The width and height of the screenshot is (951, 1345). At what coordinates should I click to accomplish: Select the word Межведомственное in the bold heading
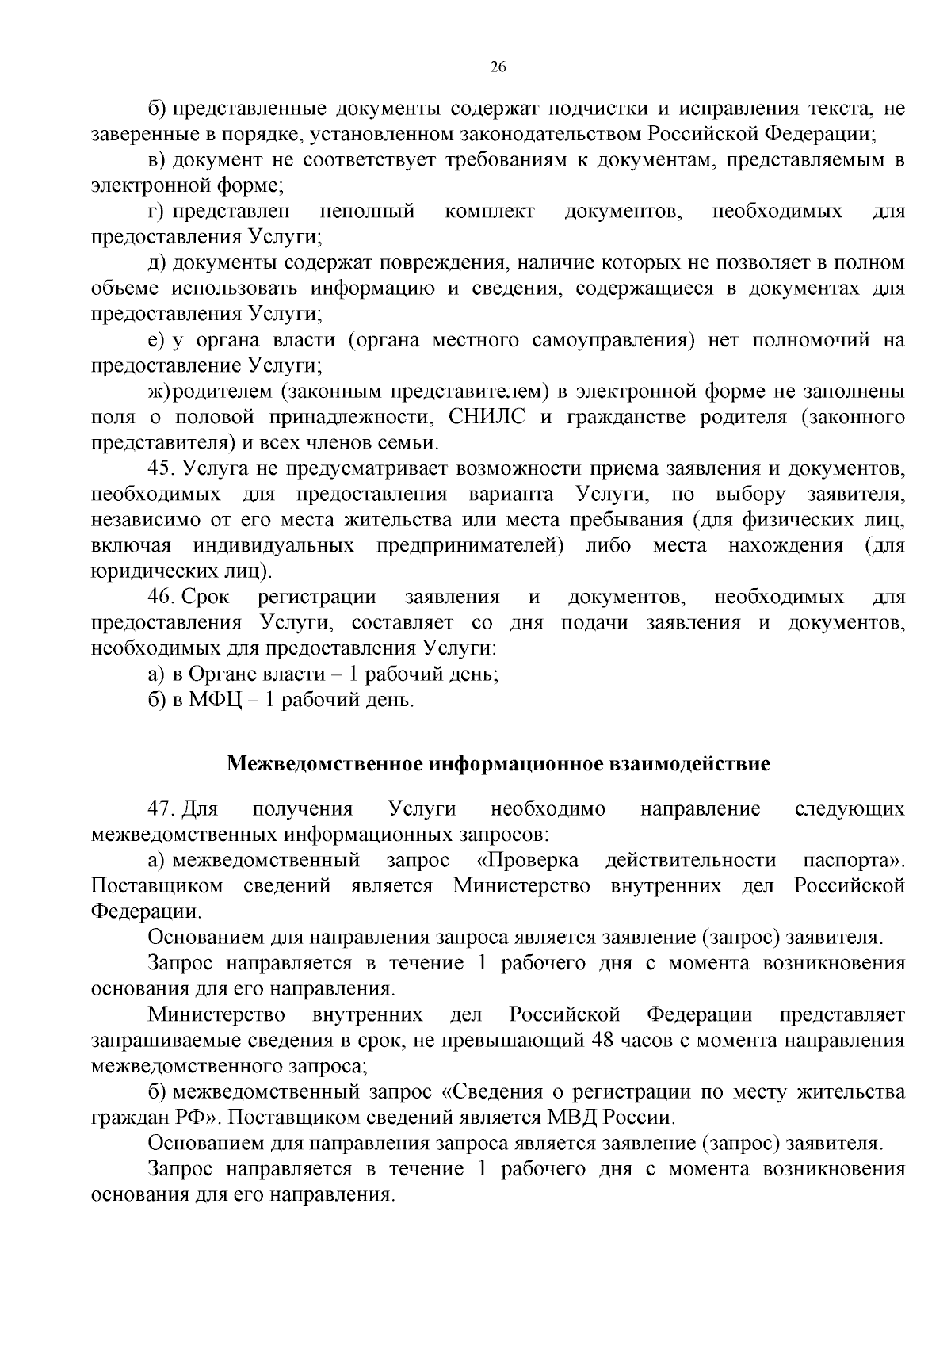(326, 764)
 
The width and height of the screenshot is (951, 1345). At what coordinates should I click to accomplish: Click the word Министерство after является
(521, 885)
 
